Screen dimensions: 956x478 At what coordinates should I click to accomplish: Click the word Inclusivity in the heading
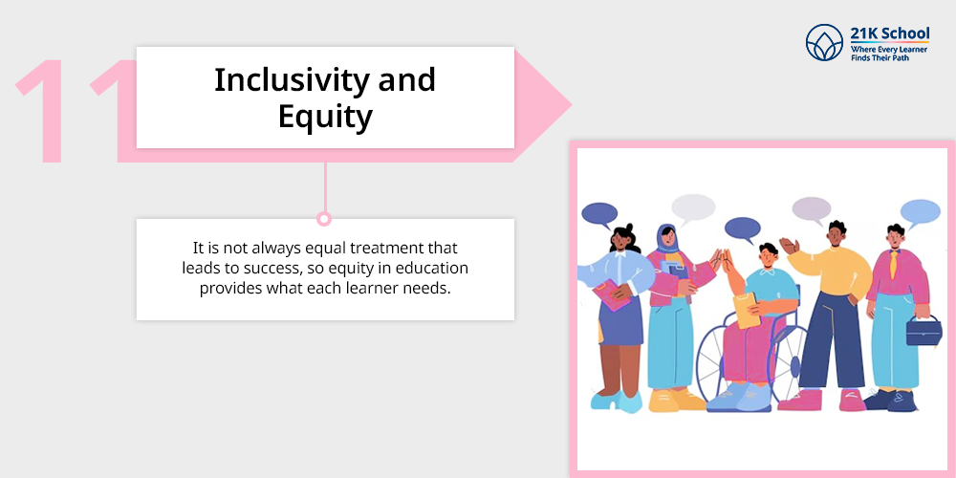pos(291,80)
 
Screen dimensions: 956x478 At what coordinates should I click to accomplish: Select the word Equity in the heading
pos(325,118)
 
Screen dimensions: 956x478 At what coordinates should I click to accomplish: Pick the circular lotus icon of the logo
pos(824,43)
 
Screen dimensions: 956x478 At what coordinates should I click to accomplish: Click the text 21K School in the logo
pos(889,33)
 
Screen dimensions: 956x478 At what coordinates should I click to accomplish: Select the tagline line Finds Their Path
pos(880,57)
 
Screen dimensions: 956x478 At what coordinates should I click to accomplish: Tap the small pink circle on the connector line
pos(324,218)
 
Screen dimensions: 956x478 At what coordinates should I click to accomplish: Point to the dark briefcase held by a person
pos(923,330)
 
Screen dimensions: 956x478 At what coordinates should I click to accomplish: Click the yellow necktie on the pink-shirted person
pos(895,264)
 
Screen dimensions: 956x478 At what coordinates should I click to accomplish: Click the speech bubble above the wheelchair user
pos(743,229)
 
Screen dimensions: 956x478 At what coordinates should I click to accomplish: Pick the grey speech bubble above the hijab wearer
pos(693,208)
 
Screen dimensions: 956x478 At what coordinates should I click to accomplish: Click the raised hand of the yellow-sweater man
pos(789,246)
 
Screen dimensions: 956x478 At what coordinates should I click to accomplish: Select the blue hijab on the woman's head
pos(666,239)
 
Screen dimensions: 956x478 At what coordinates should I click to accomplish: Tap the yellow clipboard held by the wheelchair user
pos(747,310)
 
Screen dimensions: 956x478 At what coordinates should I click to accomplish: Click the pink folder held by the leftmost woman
pos(612,294)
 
